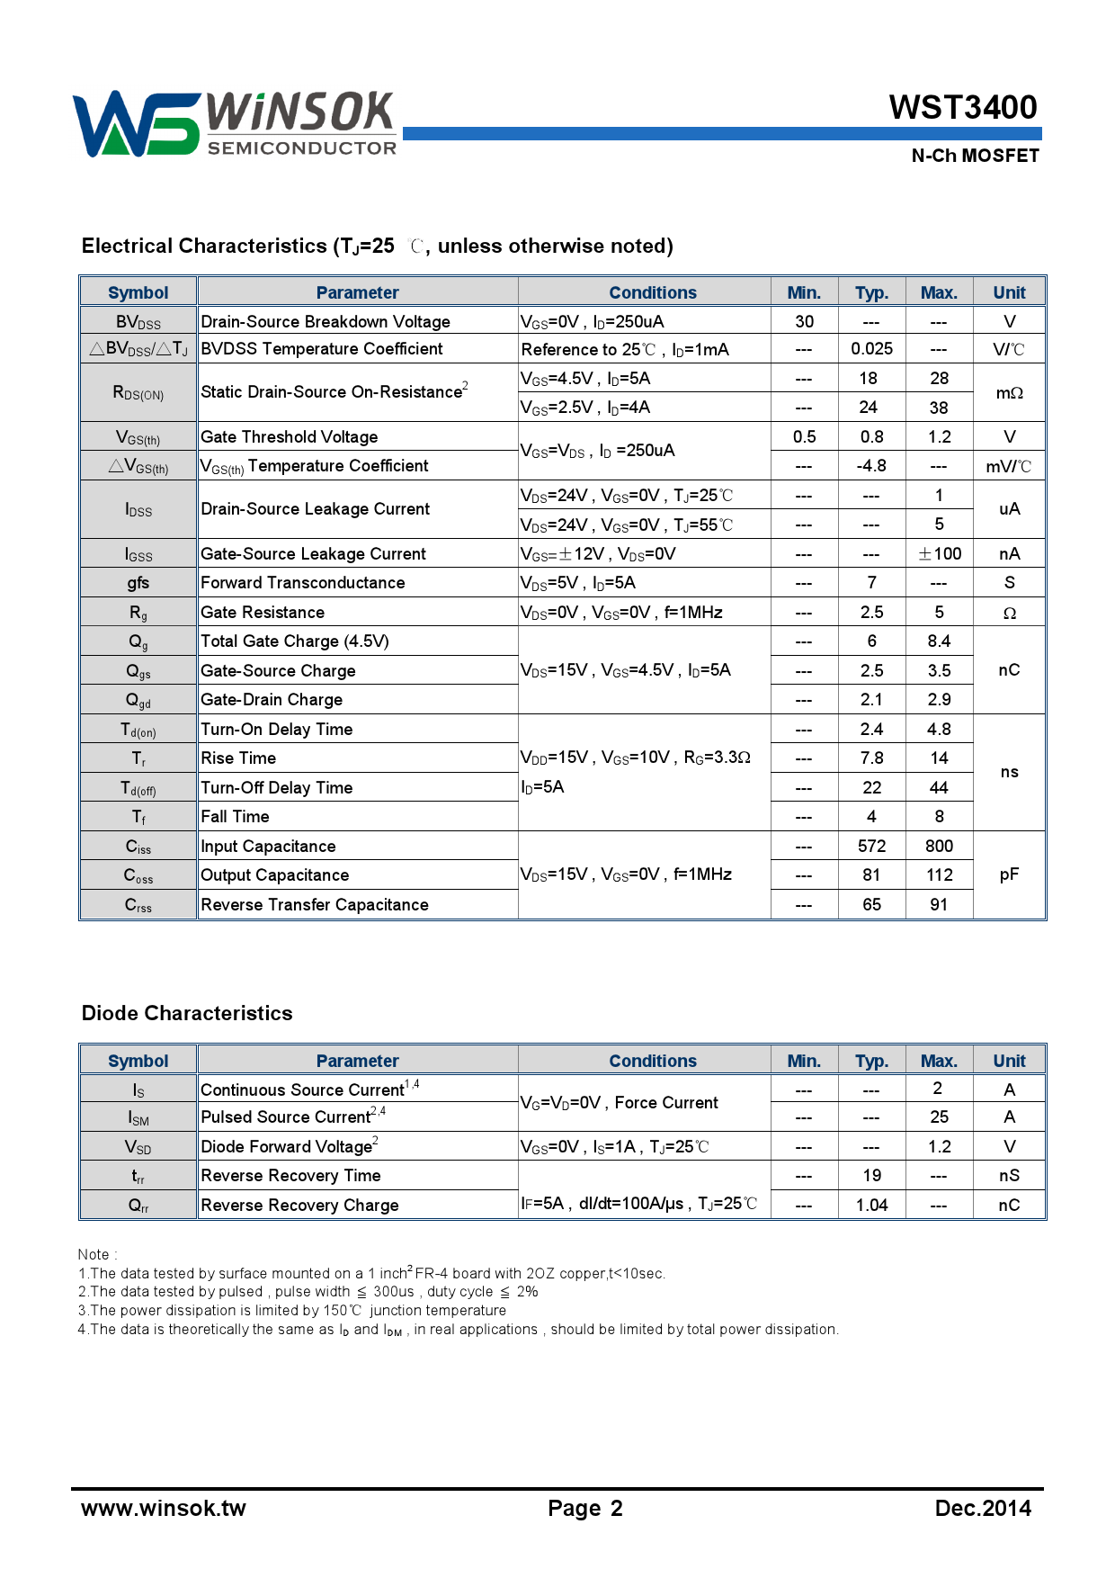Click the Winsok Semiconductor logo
(x=234, y=124)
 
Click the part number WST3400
(x=962, y=107)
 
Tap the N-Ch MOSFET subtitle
(x=975, y=156)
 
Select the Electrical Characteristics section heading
(x=377, y=246)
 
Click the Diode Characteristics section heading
(x=187, y=1013)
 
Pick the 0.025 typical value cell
(x=871, y=349)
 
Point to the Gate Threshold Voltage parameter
(x=290, y=436)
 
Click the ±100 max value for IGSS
(x=939, y=553)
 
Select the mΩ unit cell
(x=1009, y=393)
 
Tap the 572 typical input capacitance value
(x=871, y=846)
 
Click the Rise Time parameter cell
(x=238, y=758)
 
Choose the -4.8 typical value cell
(x=871, y=465)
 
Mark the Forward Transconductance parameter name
(x=303, y=582)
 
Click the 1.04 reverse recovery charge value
(x=871, y=1205)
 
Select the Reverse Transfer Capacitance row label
(x=315, y=904)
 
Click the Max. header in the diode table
(x=939, y=1061)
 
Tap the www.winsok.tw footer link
(x=164, y=1509)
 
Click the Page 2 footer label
(x=585, y=1509)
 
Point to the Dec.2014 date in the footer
(x=983, y=1509)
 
